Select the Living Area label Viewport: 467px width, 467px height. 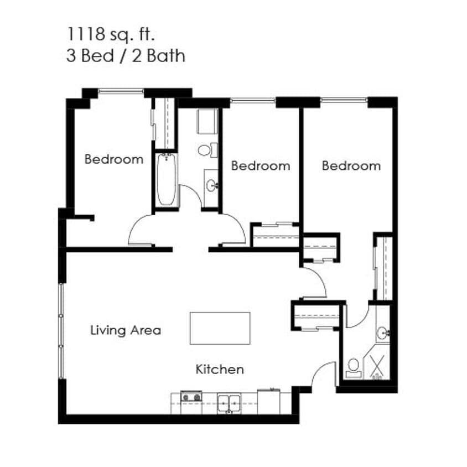click(126, 330)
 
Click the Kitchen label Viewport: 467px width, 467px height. click(220, 369)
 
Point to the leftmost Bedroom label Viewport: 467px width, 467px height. click(113, 159)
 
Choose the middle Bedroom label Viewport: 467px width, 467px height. click(260, 165)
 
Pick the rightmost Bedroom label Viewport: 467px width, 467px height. click(351, 165)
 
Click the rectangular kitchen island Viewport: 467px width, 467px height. click(220, 328)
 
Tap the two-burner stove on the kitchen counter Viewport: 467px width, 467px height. click(191, 396)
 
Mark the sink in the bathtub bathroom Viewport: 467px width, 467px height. click(211, 185)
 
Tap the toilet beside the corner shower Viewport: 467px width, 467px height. click(352, 368)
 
